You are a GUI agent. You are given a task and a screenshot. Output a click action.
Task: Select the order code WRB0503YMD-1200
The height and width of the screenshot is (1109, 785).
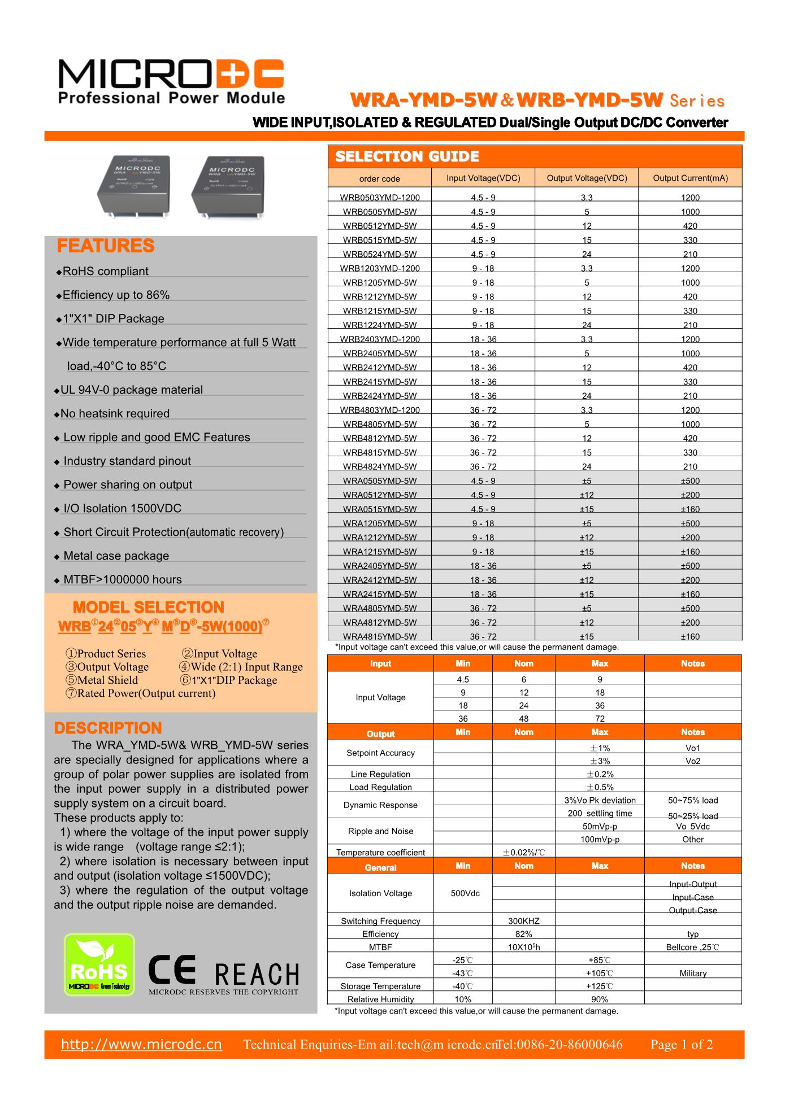pyautogui.click(x=380, y=198)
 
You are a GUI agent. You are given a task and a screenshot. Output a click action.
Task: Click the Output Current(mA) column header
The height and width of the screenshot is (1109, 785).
pyautogui.click(x=690, y=178)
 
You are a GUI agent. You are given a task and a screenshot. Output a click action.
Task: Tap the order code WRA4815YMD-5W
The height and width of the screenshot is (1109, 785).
pyautogui.click(x=380, y=636)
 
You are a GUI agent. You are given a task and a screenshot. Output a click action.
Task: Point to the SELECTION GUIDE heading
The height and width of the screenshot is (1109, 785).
pyautogui.click(x=407, y=156)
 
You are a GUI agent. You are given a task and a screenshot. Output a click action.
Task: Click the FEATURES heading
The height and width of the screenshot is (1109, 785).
pyautogui.click(x=106, y=246)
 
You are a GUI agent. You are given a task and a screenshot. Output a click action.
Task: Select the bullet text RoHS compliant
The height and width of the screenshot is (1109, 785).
pyautogui.click(x=105, y=272)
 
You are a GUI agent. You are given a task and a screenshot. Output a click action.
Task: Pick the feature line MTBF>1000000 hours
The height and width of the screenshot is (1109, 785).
pyautogui.click(x=122, y=580)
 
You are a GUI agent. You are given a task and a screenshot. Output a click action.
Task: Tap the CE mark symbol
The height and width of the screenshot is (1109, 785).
pyautogui.click(x=172, y=969)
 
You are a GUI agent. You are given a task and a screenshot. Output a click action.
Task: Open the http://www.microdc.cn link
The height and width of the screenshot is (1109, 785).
pyautogui.click(x=141, y=1045)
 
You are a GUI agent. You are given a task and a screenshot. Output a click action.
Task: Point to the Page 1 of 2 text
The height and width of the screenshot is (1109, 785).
pyautogui.click(x=682, y=1045)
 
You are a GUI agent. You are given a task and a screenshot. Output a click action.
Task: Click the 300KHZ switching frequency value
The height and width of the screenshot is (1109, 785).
pyautogui.click(x=524, y=921)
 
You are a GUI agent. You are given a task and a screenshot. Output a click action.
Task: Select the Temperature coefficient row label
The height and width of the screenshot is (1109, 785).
pyautogui.click(x=380, y=853)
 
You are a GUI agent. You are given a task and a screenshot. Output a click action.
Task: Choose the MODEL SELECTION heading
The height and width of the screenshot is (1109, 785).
pyautogui.click(x=149, y=608)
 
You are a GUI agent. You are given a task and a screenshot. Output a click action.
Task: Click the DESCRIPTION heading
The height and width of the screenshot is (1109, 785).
pyautogui.click(x=108, y=728)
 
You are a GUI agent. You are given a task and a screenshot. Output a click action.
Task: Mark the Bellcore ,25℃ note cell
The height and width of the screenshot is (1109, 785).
pyautogui.click(x=692, y=947)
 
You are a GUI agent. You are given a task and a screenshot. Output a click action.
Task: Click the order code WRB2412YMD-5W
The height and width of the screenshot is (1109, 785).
pyautogui.click(x=380, y=368)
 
